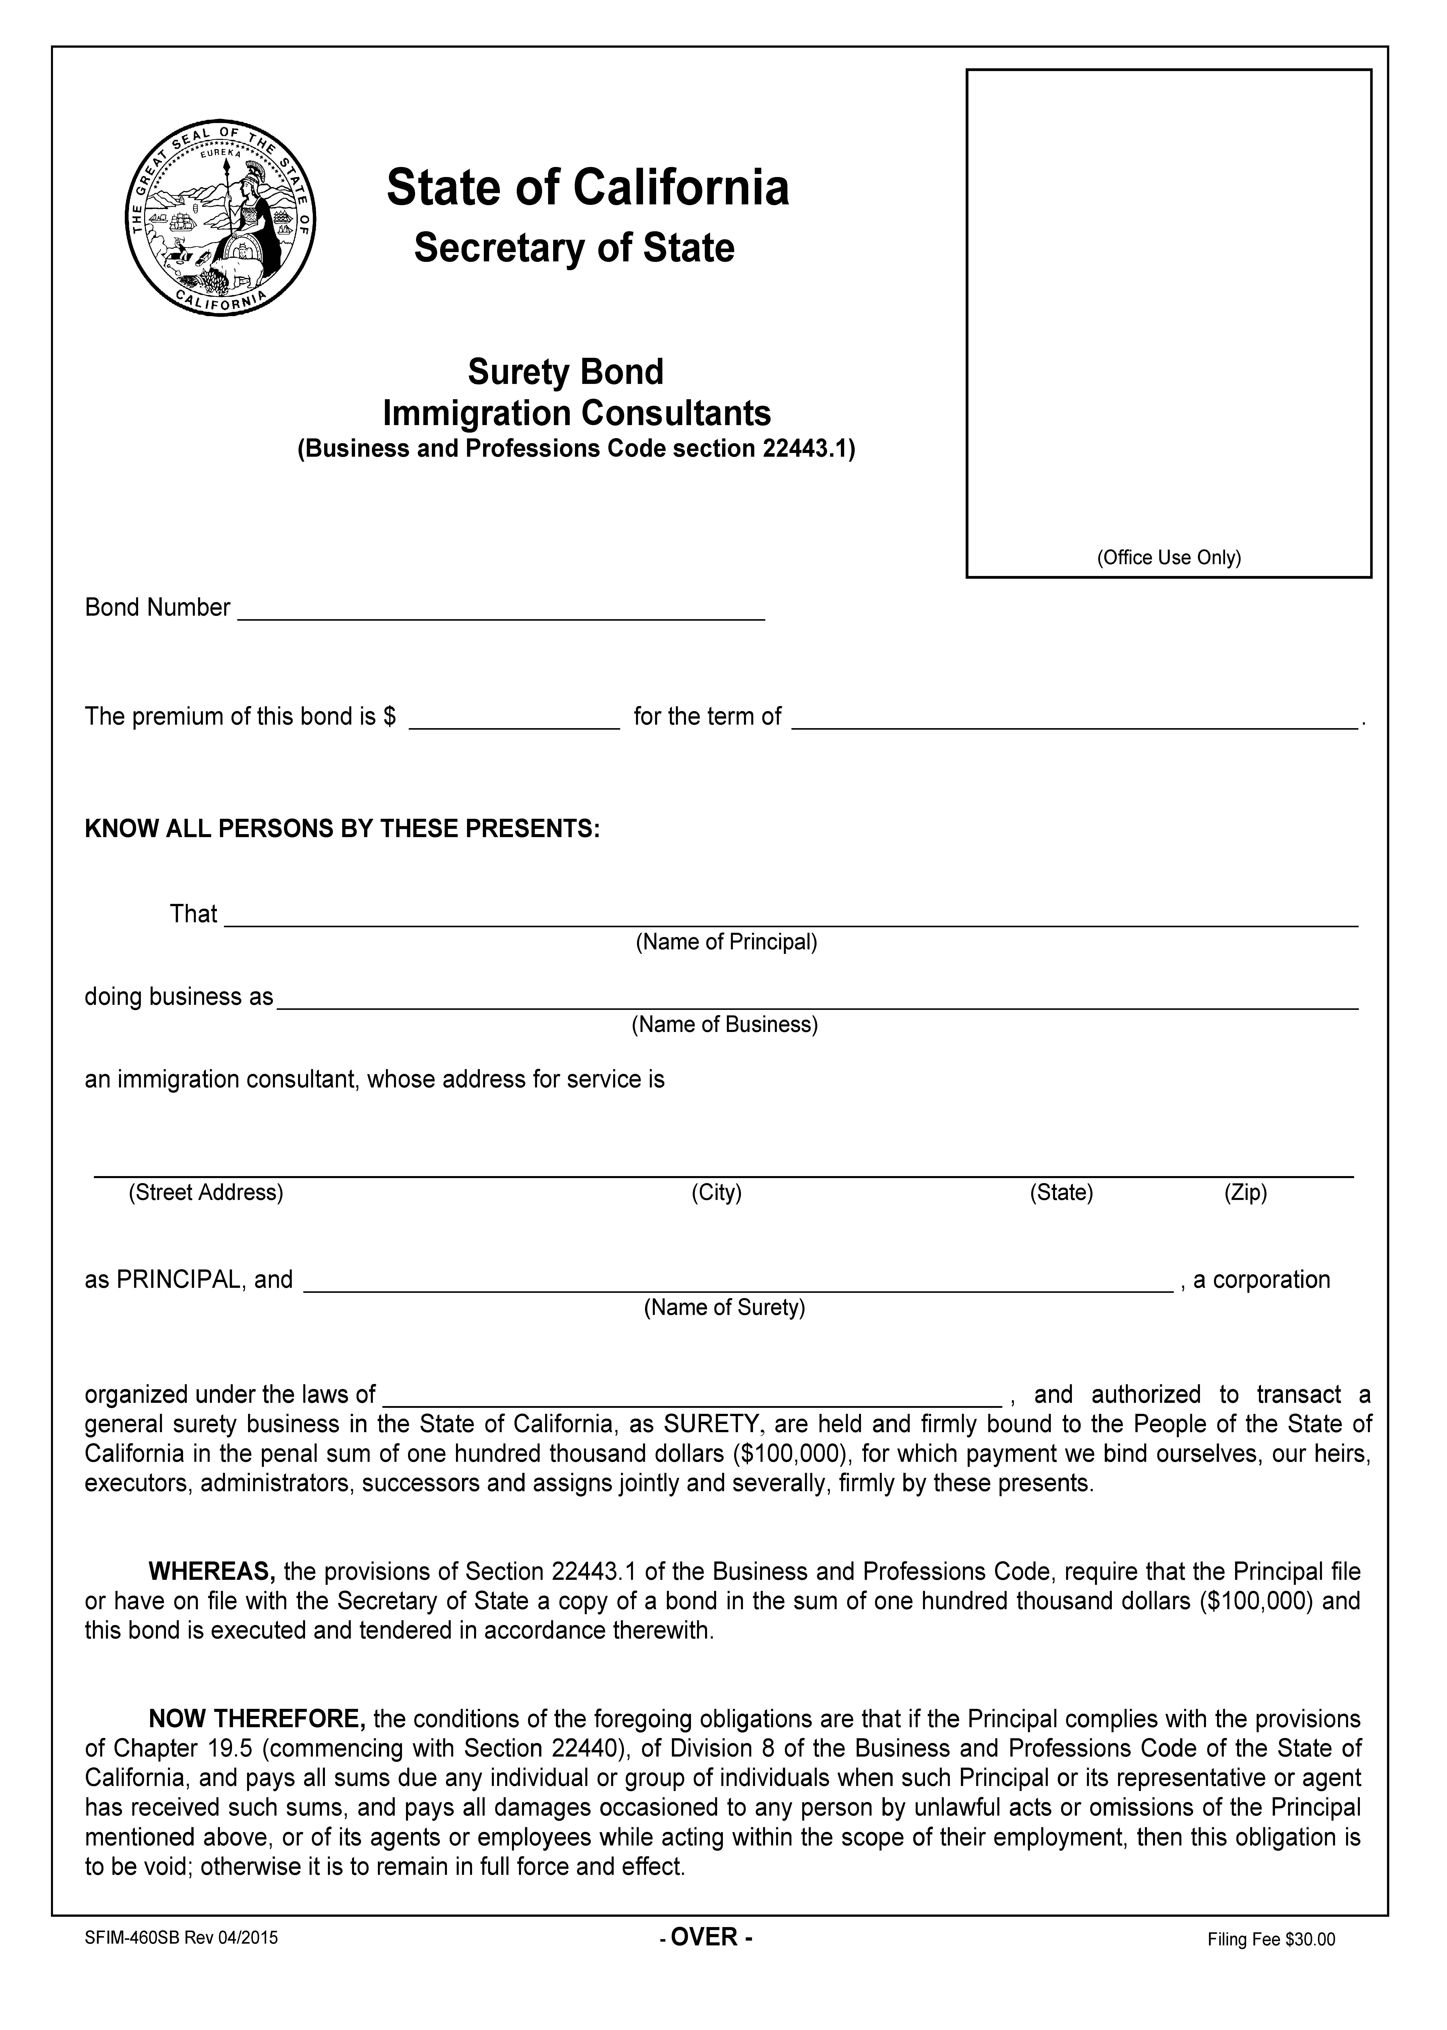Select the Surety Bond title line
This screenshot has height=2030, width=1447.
566,371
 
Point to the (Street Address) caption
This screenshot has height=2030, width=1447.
206,1193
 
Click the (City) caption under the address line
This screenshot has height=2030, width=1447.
716,1193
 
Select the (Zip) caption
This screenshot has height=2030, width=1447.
1245,1193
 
